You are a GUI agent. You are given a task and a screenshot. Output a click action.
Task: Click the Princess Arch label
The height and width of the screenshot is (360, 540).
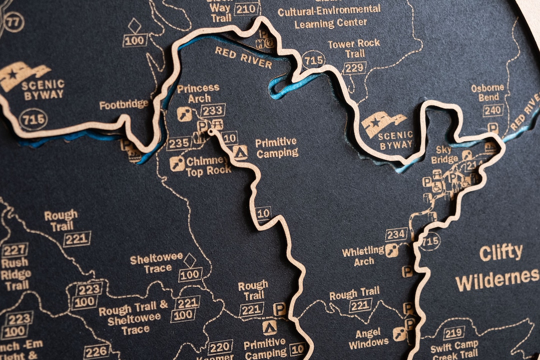click(198, 93)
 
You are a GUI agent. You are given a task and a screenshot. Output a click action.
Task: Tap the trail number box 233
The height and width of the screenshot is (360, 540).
click(213, 110)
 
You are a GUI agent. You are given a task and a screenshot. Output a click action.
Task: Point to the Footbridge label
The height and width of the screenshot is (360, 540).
click(124, 105)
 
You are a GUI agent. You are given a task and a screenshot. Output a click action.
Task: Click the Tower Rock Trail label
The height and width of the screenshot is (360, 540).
click(354, 48)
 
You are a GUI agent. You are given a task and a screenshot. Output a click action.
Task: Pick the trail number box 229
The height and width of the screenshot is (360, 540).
click(354, 67)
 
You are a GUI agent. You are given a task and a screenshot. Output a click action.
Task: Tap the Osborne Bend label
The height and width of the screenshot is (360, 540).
click(487, 92)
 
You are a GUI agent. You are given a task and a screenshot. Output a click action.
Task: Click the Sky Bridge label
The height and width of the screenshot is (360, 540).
click(443, 154)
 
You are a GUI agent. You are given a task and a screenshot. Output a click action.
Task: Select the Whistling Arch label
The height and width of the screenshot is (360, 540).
click(363, 255)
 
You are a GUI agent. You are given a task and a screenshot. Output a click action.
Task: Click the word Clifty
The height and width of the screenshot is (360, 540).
click(501, 253)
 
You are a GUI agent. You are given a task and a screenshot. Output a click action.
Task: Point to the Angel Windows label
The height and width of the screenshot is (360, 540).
click(368, 338)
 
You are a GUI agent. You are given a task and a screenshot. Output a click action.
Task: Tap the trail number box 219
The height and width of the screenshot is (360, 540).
click(453, 332)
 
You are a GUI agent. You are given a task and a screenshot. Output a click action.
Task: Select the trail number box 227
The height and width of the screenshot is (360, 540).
click(15, 250)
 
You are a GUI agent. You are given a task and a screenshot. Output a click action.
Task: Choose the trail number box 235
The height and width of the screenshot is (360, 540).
click(179, 143)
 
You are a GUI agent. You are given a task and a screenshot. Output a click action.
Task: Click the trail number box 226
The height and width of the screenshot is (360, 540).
click(96, 351)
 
